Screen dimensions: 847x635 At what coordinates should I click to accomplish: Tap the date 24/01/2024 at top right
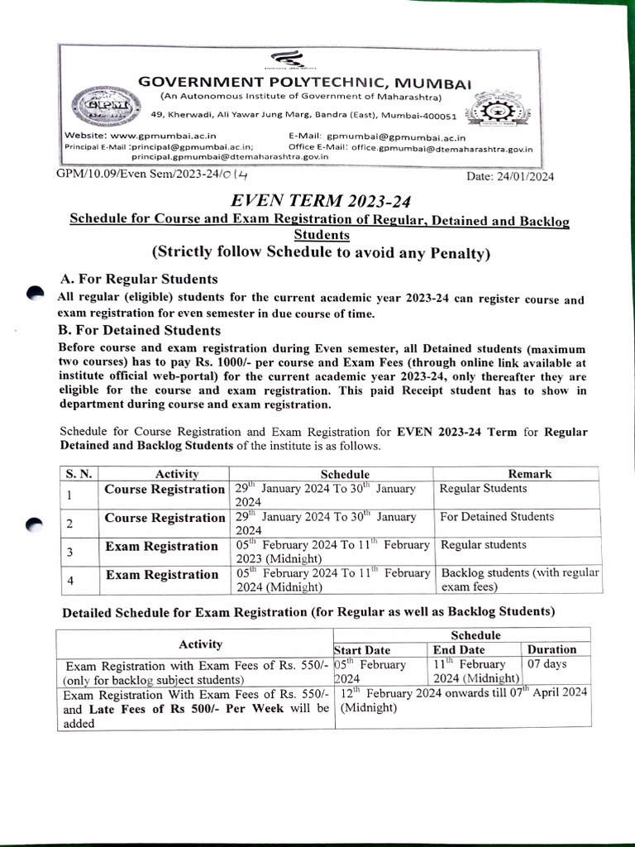coord(510,176)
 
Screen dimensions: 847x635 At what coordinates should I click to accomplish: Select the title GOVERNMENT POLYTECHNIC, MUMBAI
coord(304,83)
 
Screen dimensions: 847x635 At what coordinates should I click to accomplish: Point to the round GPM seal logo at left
coord(100,108)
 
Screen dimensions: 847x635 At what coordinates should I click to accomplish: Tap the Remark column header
coord(529,474)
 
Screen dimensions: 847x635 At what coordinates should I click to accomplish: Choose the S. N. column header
coord(78,474)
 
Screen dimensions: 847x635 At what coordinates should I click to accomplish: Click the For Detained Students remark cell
coord(496,517)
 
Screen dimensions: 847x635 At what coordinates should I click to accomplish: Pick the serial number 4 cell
coord(70,581)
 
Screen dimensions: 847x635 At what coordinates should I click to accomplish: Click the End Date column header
coord(459,650)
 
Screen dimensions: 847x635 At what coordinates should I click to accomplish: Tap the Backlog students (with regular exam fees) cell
coord(520,580)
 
